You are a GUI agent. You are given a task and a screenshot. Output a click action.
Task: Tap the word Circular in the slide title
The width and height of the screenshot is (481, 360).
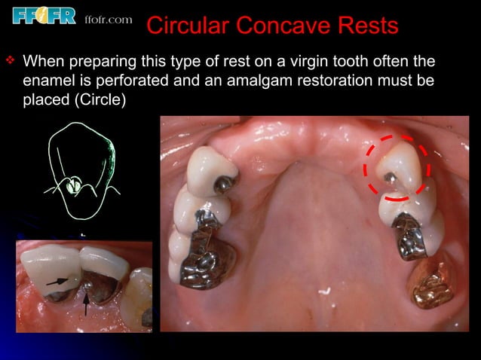[186, 26]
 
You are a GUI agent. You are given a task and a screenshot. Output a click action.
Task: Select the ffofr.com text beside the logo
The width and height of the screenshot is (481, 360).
[109, 18]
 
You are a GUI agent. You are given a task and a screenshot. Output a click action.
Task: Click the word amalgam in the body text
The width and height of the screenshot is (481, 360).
[263, 80]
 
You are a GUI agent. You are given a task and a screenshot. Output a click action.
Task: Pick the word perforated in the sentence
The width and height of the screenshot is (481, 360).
[139, 80]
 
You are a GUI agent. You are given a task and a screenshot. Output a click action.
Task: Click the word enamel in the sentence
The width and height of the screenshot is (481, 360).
[48, 80]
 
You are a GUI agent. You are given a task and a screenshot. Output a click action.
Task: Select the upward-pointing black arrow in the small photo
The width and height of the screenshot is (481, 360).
[86, 304]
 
